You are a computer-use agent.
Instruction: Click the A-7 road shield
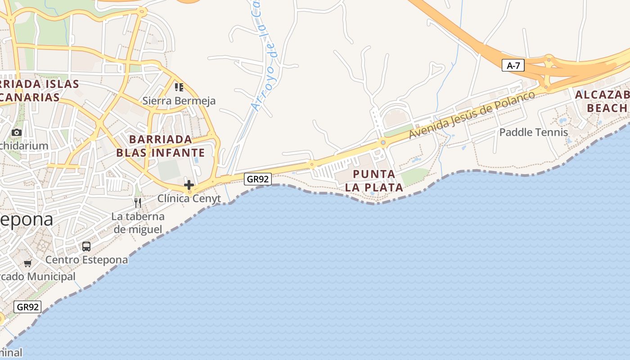coord(513,66)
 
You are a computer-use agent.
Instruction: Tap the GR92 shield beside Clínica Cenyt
coord(258,179)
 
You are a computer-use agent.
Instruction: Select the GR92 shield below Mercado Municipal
coord(27,307)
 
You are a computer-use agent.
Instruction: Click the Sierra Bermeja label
coord(179,101)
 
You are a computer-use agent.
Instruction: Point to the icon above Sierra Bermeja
coord(179,87)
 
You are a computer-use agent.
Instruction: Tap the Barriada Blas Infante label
coord(161,145)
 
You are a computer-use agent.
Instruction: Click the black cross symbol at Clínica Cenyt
coord(189,184)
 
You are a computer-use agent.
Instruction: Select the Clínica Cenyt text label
coord(189,198)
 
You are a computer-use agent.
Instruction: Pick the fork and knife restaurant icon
coord(138,202)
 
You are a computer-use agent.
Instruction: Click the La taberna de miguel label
coord(138,223)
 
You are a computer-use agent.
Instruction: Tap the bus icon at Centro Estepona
coord(86,247)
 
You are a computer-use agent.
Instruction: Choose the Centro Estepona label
coord(86,260)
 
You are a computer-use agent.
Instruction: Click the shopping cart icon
coord(28,263)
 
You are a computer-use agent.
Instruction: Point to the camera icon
coord(17,132)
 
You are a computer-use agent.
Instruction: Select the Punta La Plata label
coord(374,180)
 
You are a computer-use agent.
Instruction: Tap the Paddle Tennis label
coord(534,132)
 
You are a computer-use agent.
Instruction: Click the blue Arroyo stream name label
coord(265,58)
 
